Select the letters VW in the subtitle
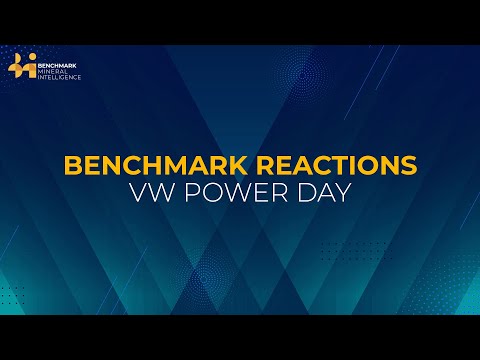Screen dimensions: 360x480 (149, 193)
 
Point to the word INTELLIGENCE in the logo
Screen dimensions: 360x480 (60, 76)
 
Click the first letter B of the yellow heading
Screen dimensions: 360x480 (73, 166)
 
